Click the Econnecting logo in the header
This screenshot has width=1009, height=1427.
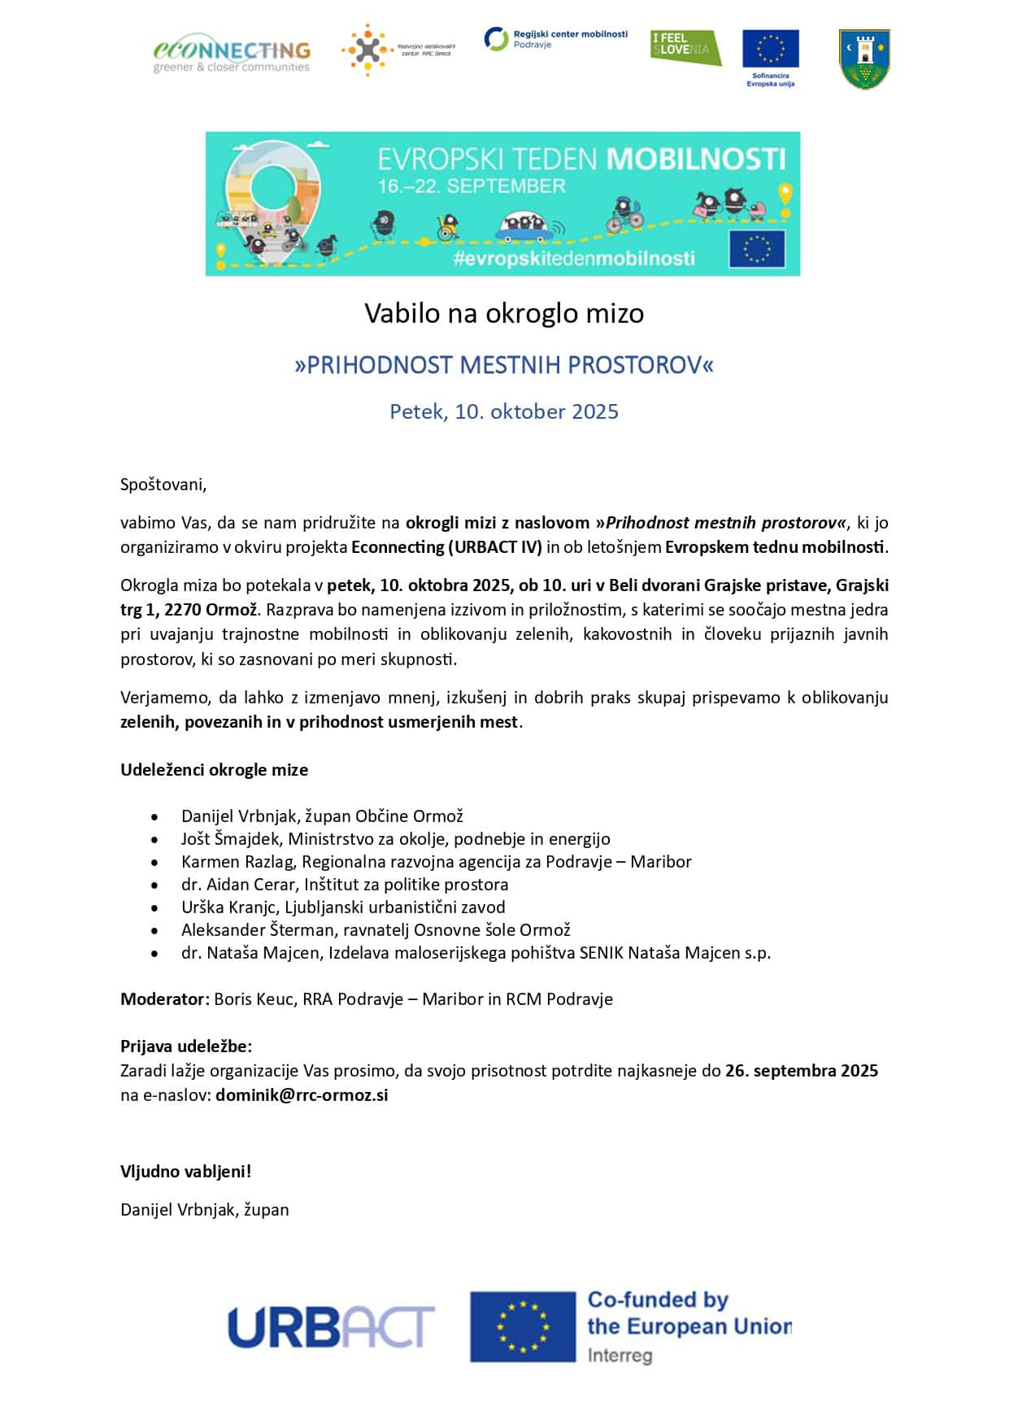point(232,55)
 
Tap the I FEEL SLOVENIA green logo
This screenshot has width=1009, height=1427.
point(685,47)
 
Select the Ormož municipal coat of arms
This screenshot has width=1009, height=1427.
point(864,59)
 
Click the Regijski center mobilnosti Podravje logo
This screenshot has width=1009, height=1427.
point(556,39)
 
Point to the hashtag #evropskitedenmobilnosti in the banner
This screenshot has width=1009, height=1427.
point(574,259)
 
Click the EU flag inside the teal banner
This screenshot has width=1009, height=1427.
point(756,249)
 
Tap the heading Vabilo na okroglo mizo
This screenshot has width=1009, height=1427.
point(504,313)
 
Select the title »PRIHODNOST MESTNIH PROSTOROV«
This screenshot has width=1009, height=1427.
point(504,365)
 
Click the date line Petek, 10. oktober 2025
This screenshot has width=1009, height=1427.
point(504,411)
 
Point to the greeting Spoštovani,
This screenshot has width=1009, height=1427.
point(163,485)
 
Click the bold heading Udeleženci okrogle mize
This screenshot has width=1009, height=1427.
point(214,770)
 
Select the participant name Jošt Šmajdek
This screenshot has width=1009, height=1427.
point(230,839)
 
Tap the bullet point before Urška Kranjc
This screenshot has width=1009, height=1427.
point(154,907)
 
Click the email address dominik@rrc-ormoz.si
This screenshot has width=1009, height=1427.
point(302,1095)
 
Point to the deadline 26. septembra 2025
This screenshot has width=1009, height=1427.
point(801,1071)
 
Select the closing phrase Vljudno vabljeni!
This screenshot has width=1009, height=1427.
point(186,1172)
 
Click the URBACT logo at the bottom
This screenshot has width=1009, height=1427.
point(331,1327)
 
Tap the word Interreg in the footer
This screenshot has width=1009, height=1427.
point(620,1355)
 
